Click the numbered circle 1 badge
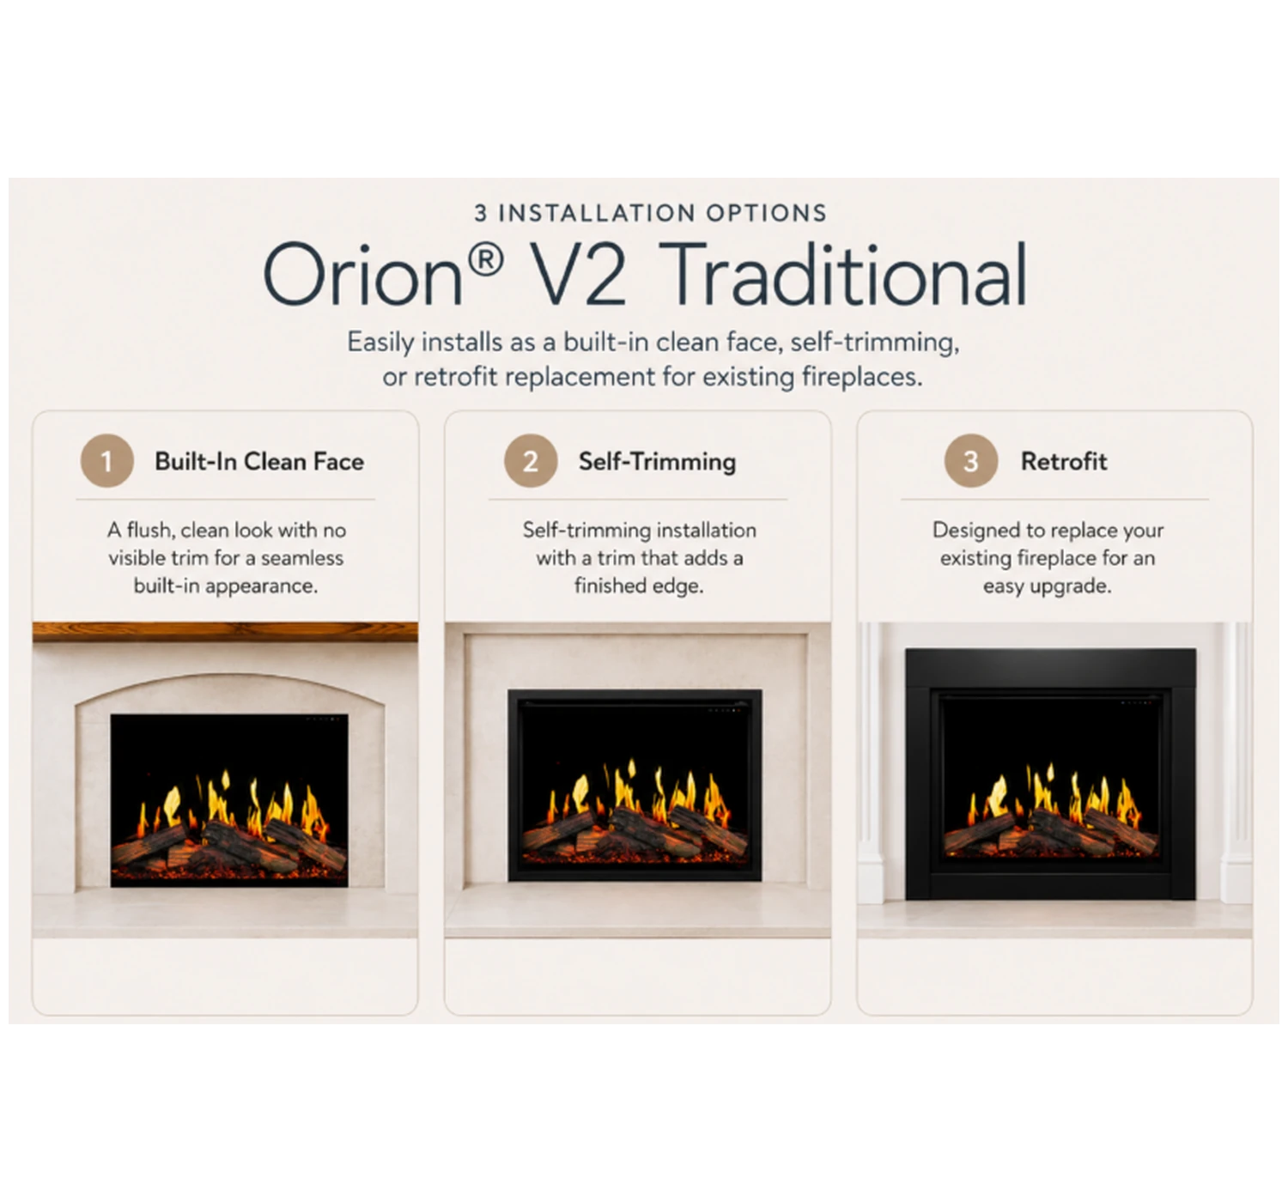[x=107, y=460]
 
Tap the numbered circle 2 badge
[x=531, y=460]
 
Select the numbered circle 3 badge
[x=970, y=460]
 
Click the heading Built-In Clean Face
[x=259, y=461]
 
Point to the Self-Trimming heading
[x=657, y=462]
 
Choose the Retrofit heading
[x=1064, y=461]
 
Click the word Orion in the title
[x=362, y=274]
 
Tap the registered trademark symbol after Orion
[x=485, y=260]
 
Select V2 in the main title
[x=579, y=274]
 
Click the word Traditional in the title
[x=843, y=274]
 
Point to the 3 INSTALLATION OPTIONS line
[x=651, y=213]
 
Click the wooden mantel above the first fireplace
[x=225, y=631]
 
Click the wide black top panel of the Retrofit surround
[x=1051, y=667]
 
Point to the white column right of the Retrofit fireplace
[x=1236, y=763]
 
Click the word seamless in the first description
[x=302, y=558]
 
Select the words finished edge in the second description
[x=639, y=586]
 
